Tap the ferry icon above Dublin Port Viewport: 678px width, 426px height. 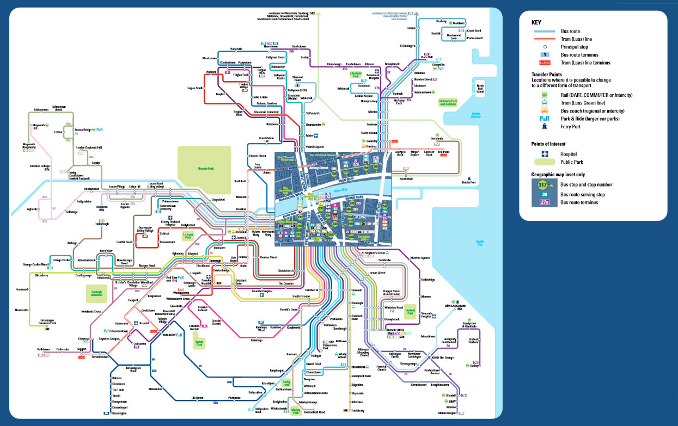click(x=469, y=177)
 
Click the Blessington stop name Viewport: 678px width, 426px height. click(x=119, y=413)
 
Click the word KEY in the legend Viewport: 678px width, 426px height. click(x=536, y=23)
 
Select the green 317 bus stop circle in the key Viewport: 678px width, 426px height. click(x=541, y=184)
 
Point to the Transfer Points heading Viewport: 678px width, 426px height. click(x=549, y=74)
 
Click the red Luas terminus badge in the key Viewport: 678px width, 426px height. click(x=541, y=63)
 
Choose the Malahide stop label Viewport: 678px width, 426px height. click(x=458, y=23)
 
